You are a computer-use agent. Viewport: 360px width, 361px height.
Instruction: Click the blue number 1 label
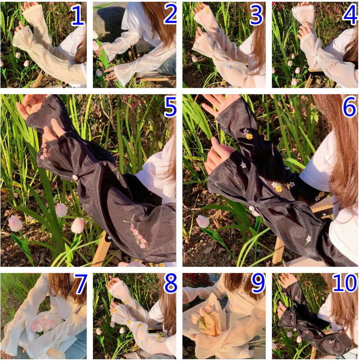[77, 15]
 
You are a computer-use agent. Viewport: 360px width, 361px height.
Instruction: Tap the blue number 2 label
[170, 15]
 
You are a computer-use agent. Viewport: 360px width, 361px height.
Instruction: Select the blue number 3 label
[256, 15]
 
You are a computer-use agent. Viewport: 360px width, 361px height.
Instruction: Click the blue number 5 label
[170, 107]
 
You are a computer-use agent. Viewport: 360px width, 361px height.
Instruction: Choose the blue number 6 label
[349, 107]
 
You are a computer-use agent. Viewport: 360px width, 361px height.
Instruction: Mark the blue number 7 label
[81, 284]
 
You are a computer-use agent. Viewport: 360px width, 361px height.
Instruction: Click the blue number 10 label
[345, 283]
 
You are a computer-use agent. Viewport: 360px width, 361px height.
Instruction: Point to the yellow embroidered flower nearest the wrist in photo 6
[250, 136]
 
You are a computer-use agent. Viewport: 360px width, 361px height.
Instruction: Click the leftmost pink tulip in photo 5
[15, 223]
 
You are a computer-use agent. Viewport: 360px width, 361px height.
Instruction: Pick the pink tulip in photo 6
[203, 222]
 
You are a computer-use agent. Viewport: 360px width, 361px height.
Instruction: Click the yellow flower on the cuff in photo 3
[207, 11]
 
